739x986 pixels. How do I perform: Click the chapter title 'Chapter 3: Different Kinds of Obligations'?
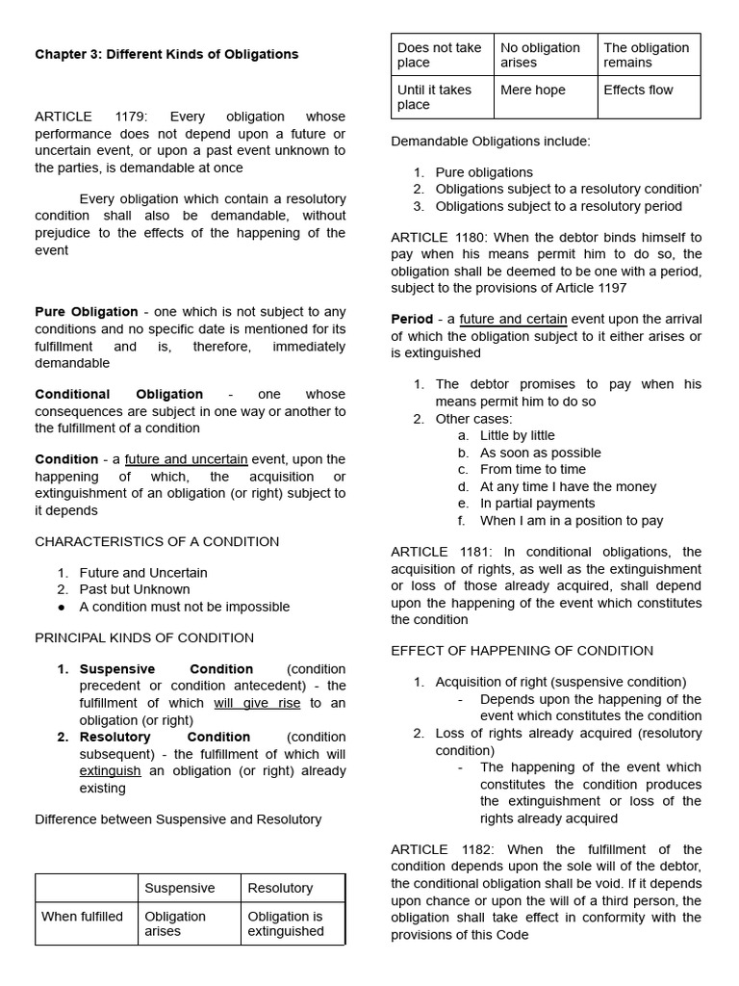pyautogui.click(x=166, y=55)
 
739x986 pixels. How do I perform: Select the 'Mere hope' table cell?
pyautogui.click(x=533, y=91)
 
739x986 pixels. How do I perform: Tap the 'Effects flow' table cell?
pyautogui.click(x=638, y=91)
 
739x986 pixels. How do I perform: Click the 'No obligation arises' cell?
pyautogui.click(x=540, y=55)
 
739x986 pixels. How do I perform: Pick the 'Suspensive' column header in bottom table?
pyautogui.click(x=179, y=888)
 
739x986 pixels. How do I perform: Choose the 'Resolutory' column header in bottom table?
pyautogui.click(x=280, y=888)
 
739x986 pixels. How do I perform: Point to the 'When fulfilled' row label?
pyautogui.click(x=82, y=917)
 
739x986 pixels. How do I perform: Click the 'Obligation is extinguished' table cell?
pyautogui.click(x=285, y=923)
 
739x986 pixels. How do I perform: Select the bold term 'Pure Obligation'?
pyautogui.click(x=87, y=312)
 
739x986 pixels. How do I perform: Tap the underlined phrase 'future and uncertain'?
pyautogui.click(x=186, y=459)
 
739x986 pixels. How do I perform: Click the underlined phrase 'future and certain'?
pyautogui.click(x=513, y=320)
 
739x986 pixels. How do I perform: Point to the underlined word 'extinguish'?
pyautogui.click(x=110, y=771)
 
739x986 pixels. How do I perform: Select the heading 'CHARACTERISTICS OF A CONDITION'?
pyautogui.click(x=157, y=541)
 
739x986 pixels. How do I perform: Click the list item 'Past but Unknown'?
pyautogui.click(x=135, y=589)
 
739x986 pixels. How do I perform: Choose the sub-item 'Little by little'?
pyautogui.click(x=518, y=436)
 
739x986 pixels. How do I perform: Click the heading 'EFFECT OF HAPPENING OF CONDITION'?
pyautogui.click(x=522, y=651)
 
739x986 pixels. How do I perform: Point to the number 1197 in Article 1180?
pyautogui.click(x=609, y=288)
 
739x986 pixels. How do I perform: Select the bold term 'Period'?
pyautogui.click(x=412, y=320)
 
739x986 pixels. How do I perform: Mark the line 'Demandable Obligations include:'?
pyautogui.click(x=491, y=142)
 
